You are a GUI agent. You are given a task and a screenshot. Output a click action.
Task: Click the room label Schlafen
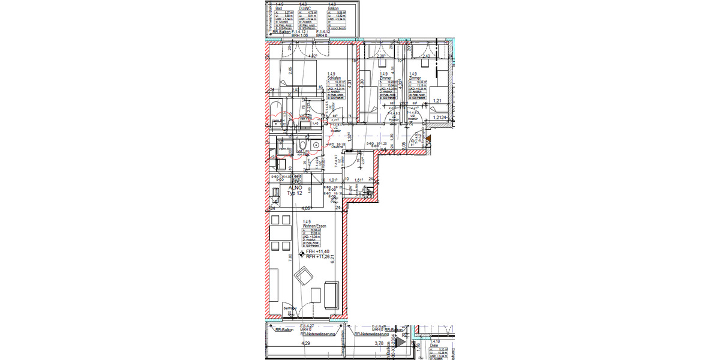coord(334,77)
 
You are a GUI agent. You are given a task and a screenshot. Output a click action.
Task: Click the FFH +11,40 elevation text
coord(319,252)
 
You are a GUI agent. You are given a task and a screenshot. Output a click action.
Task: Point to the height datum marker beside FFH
coord(302,254)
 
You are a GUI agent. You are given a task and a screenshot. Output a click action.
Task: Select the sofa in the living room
coord(331,294)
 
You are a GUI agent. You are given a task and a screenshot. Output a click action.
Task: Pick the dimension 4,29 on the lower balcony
coord(305,344)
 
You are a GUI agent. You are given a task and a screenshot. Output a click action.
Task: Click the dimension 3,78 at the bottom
coord(379,344)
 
